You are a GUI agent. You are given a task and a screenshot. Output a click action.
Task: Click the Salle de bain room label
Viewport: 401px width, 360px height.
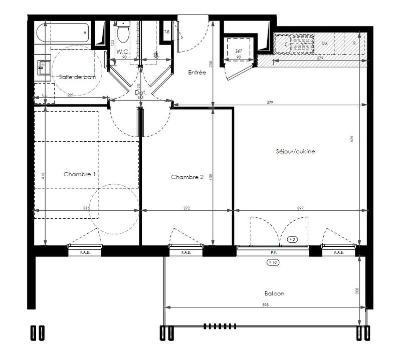(x=78, y=77)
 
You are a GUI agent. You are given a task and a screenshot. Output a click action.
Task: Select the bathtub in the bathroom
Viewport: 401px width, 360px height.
(x=63, y=33)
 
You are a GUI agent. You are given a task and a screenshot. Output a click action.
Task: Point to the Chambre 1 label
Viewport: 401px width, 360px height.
(x=80, y=174)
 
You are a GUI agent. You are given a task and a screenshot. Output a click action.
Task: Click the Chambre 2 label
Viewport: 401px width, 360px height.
(x=187, y=177)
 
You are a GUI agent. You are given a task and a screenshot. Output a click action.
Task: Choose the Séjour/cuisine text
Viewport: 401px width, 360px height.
(x=295, y=151)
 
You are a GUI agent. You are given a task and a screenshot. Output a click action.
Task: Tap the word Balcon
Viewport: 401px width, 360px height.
(x=274, y=294)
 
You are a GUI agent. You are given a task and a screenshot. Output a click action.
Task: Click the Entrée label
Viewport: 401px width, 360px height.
(x=197, y=73)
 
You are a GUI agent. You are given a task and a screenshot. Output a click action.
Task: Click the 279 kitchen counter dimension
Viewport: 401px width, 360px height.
(x=319, y=59)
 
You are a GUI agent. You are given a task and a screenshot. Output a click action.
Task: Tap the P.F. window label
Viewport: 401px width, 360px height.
(x=274, y=253)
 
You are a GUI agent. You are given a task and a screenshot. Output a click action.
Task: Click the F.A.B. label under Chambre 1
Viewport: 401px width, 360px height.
(x=85, y=253)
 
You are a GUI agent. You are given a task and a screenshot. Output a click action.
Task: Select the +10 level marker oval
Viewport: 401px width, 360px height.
(x=274, y=262)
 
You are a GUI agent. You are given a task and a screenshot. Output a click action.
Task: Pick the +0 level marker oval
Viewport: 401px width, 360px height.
(x=292, y=240)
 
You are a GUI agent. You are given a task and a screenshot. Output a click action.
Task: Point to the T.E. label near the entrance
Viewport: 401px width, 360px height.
(x=166, y=32)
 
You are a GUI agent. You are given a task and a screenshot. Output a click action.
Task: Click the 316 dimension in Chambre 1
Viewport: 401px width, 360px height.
(x=86, y=207)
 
